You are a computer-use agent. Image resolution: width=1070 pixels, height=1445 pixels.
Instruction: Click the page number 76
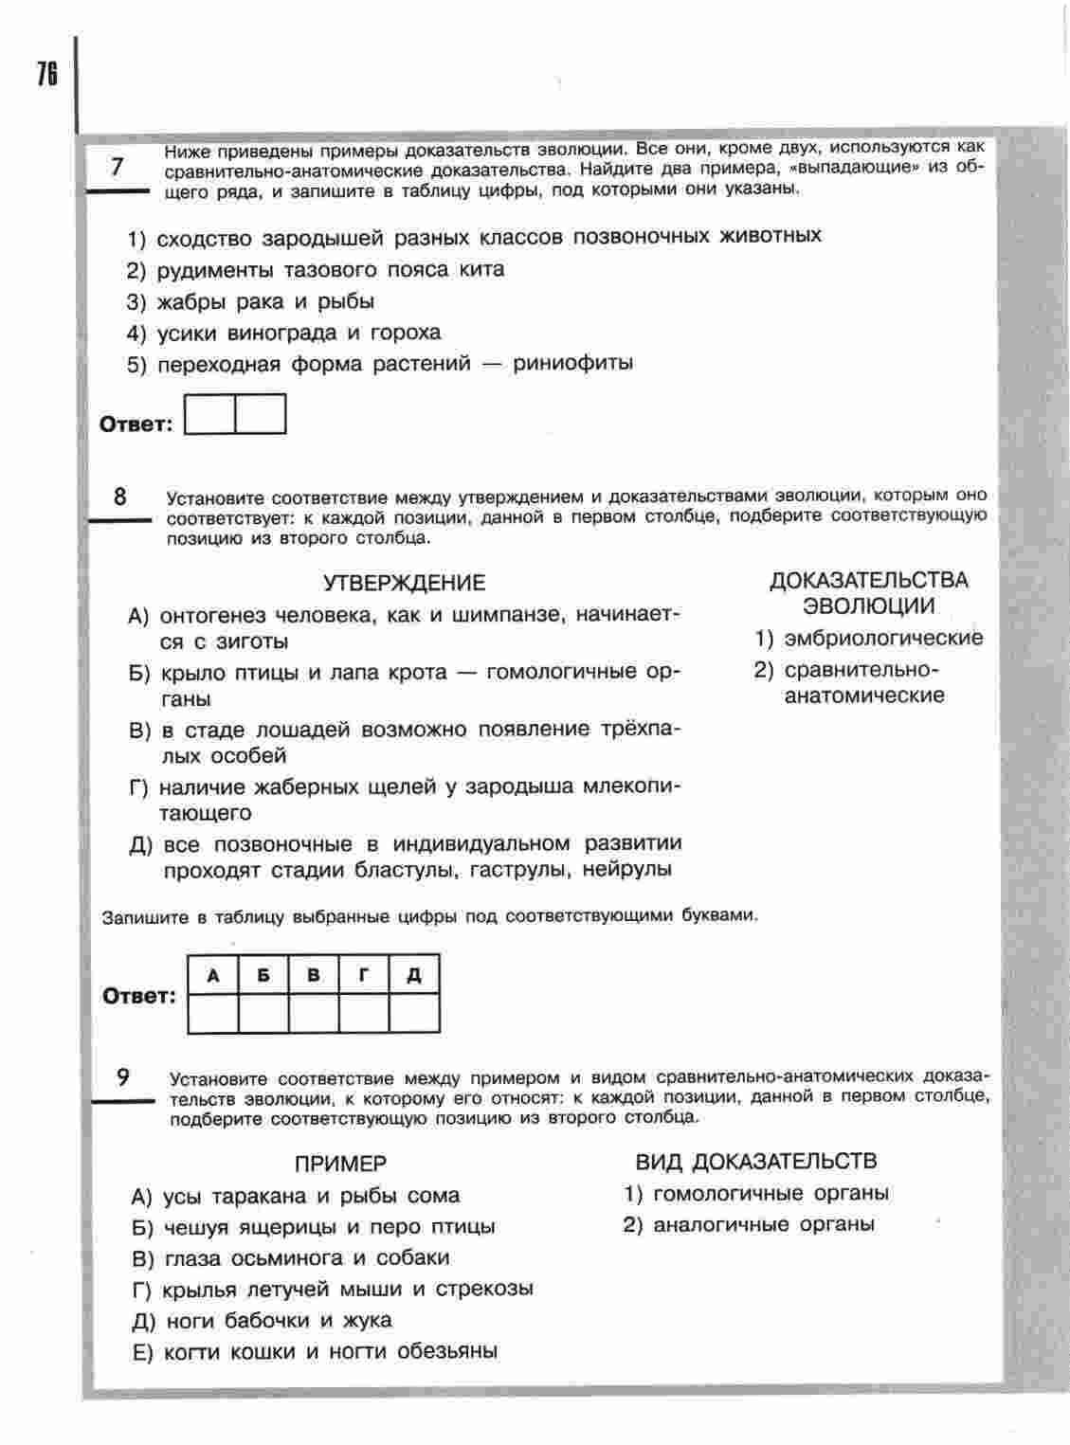pos(46,73)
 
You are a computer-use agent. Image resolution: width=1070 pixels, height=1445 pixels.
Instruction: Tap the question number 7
pos(118,167)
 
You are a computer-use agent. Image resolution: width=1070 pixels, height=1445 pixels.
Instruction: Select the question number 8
pos(120,496)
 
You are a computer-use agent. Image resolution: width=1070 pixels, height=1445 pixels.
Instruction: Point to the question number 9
pos(123,1076)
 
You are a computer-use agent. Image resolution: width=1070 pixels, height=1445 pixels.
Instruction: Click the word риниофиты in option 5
pos(572,363)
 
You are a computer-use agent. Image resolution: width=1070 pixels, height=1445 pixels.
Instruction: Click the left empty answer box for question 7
pos(209,414)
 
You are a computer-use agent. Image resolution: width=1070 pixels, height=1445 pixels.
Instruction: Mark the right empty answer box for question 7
pos(261,414)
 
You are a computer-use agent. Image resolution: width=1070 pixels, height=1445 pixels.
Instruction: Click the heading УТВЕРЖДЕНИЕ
pos(404,583)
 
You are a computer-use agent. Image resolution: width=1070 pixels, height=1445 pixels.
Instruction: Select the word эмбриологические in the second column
pos(883,638)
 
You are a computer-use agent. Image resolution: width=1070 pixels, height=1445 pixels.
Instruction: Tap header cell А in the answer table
pos(213,975)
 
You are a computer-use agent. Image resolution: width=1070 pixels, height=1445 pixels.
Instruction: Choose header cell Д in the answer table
pos(414,975)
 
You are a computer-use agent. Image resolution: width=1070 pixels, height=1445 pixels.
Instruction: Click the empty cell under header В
pos(314,1013)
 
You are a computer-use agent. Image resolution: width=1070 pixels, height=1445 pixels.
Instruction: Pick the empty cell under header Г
pos(364,1013)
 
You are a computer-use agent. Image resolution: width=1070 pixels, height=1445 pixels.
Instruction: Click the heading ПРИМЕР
pos(340,1164)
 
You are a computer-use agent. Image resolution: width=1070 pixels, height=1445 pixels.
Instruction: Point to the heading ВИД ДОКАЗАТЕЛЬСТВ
pos(755,1162)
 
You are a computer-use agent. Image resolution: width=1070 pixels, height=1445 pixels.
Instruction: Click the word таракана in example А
pos(259,1196)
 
